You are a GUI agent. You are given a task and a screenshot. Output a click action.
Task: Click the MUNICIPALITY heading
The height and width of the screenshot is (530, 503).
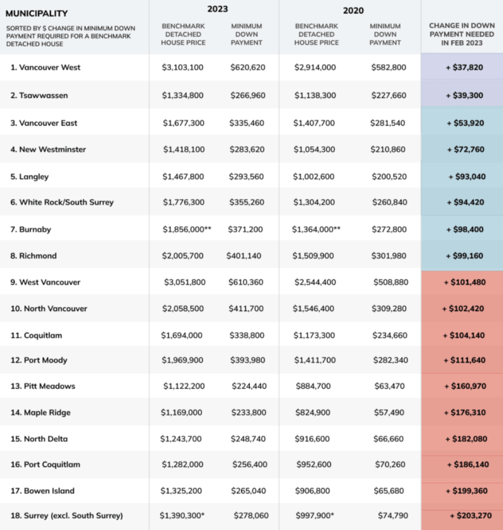point(36,13)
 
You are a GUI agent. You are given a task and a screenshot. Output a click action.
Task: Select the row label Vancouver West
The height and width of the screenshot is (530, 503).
point(45,67)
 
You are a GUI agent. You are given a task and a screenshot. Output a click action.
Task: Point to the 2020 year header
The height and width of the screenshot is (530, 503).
point(353,10)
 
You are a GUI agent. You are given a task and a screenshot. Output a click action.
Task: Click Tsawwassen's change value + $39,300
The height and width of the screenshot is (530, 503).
point(464,95)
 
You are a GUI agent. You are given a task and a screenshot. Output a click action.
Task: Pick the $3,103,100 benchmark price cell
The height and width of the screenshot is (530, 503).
point(183,67)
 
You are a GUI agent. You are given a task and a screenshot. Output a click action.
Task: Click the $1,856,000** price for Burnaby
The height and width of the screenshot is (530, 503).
point(187,230)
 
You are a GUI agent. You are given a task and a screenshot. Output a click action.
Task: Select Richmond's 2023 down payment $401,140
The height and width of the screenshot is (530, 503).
point(244,256)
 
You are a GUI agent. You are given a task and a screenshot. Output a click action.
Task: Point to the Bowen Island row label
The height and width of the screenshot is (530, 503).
point(43,491)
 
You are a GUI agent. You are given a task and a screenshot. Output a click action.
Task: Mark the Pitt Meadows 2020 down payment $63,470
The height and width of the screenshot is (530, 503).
point(389,386)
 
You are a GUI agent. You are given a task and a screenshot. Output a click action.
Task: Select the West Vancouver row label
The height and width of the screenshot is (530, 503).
point(45,282)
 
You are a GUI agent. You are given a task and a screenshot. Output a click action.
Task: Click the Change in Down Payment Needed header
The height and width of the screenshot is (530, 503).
point(462,34)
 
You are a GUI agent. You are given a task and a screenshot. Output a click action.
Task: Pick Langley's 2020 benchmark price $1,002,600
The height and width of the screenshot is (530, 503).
point(314,176)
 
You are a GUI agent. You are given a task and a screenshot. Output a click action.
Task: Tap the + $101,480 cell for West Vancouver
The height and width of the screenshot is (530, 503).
point(464,282)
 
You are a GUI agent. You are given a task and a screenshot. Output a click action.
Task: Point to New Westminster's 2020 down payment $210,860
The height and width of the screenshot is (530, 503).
point(389,150)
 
